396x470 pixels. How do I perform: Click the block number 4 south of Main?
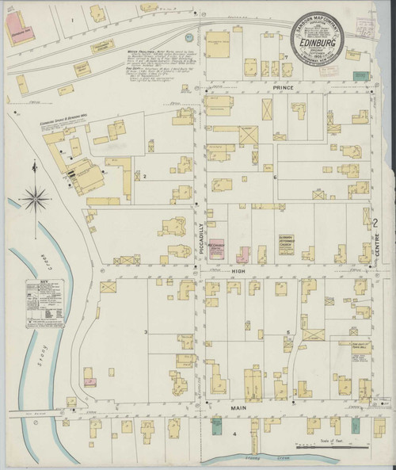pyautogui.click(x=234, y=434)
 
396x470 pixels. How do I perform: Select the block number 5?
pyautogui.click(x=288, y=332)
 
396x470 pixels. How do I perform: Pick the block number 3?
pyautogui.click(x=146, y=331)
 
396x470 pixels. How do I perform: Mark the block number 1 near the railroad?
pyautogui.click(x=71, y=18)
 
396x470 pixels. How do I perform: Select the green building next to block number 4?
pyautogui.click(x=215, y=428)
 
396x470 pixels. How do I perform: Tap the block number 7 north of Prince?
pyautogui.click(x=284, y=58)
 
